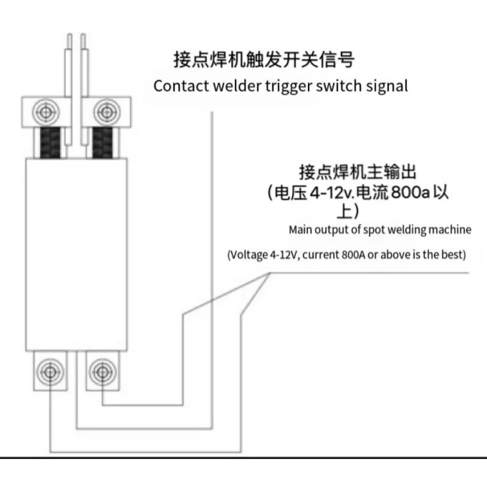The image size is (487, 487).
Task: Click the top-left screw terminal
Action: [46, 112]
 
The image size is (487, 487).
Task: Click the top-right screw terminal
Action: [107, 112]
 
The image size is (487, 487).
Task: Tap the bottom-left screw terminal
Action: [50, 372]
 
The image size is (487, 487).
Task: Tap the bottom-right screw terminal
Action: [102, 372]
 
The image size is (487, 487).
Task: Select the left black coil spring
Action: [51, 143]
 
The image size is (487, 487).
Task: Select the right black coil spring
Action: [102, 143]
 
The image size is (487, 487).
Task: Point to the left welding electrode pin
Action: [69, 89]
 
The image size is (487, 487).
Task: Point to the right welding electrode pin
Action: [84, 89]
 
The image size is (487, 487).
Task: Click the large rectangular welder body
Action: [77, 254]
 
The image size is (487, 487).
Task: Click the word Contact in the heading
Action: [181, 86]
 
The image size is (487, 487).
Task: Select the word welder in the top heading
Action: [237, 86]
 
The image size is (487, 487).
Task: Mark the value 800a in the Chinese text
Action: [410, 192]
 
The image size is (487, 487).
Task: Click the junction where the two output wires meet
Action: [269, 273]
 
